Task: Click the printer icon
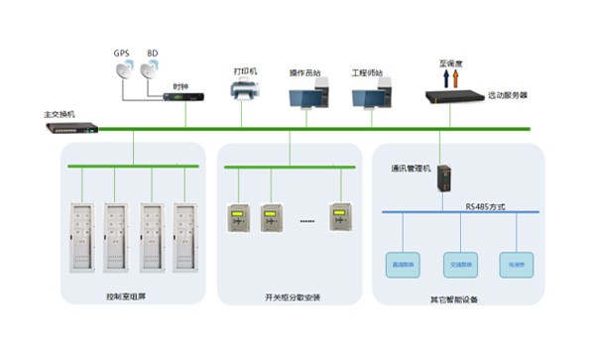245,93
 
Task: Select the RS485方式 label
487,206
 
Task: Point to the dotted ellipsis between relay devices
306,221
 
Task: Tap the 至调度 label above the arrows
450,62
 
